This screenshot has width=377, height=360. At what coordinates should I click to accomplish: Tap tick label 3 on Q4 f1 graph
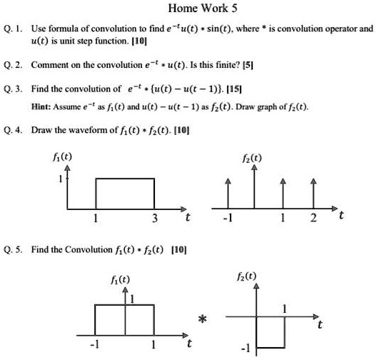tap(154, 217)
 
